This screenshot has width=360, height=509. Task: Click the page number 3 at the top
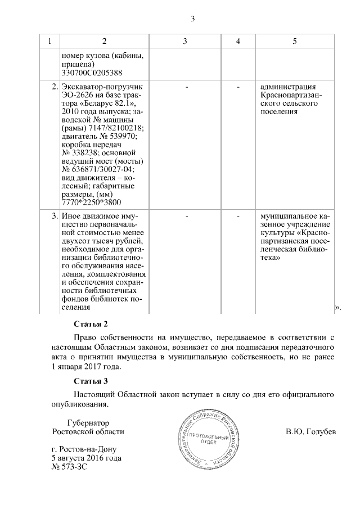tap(192, 19)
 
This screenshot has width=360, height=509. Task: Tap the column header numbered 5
tap(295, 42)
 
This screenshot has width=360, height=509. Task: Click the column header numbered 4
tap(238, 42)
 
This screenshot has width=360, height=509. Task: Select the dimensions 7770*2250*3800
tap(93, 202)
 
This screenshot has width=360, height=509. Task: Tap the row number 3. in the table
tap(55, 216)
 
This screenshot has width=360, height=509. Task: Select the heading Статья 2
tap(91, 325)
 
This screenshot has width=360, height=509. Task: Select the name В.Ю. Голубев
tap(310, 432)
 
